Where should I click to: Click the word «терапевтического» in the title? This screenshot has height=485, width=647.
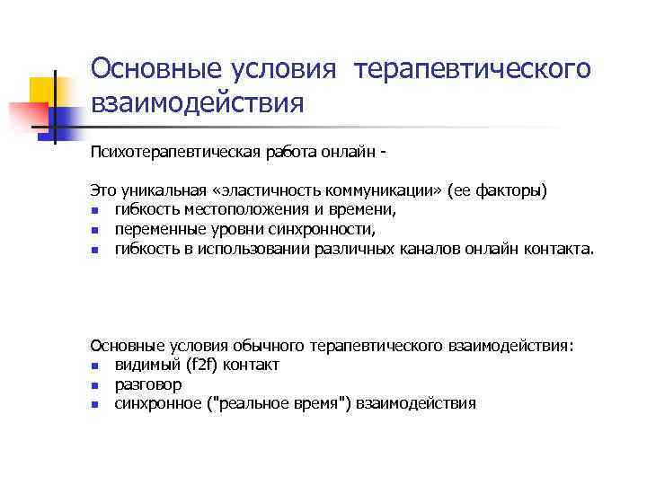tap(474, 69)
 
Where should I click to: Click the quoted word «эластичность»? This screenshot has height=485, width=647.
tap(276, 191)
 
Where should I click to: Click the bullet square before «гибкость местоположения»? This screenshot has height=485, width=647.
tap(94, 211)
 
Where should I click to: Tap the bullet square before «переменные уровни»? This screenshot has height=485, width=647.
tap(94, 230)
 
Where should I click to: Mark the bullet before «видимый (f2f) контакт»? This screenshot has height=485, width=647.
tap(94, 366)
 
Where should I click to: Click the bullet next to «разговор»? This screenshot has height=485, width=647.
tap(94, 384)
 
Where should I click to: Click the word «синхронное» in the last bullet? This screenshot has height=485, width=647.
tap(157, 402)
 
